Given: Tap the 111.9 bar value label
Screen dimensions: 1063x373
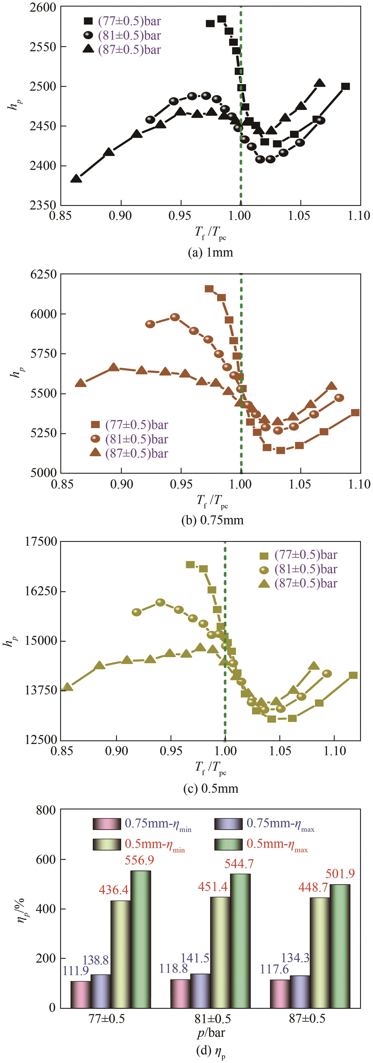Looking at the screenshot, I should tap(76, 971).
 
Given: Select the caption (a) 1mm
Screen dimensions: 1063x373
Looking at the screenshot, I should tap(210, 252).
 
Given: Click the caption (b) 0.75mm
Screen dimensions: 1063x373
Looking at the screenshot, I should tap(212, 520).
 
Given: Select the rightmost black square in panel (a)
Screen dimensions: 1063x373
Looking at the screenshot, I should tap(345, 86).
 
